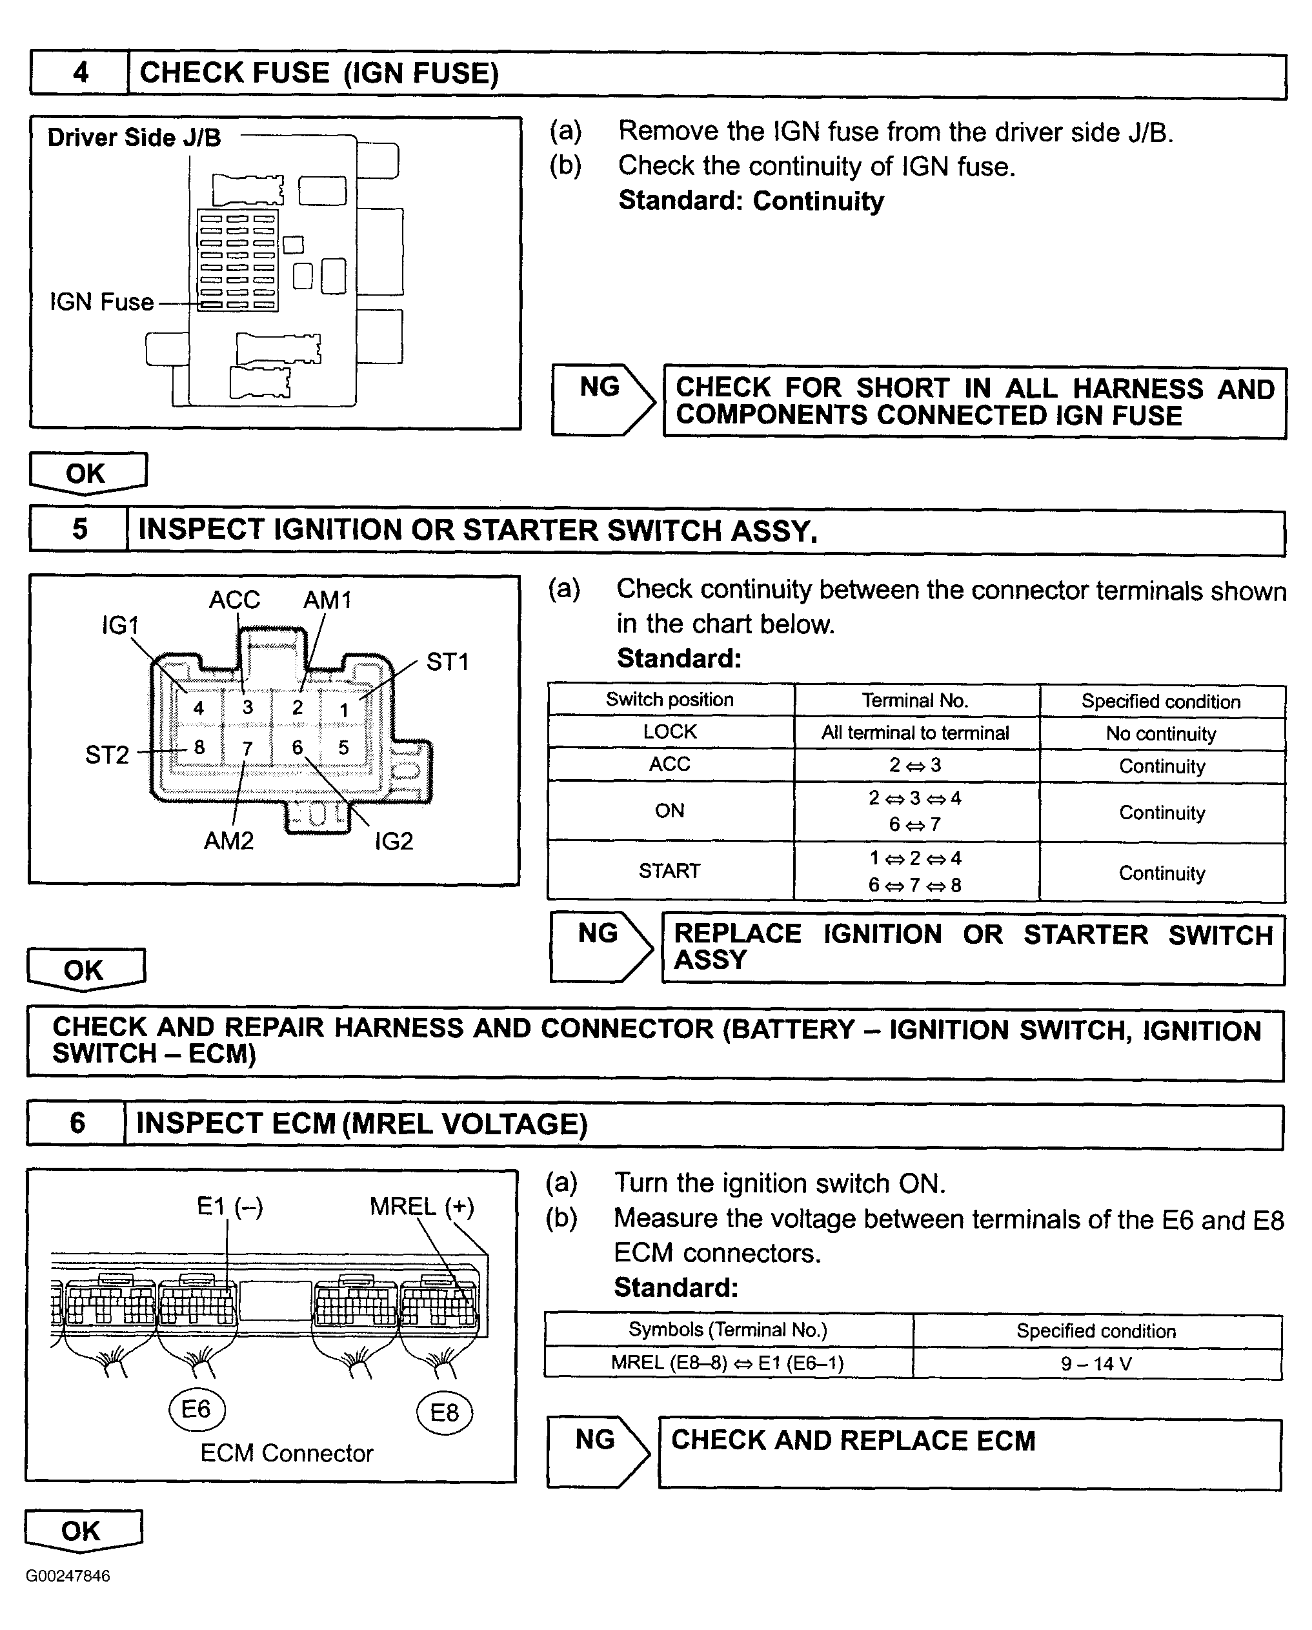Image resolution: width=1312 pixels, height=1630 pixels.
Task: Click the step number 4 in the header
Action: click(x=80, y=72)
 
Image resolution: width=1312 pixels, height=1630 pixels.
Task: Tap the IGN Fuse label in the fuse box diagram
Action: click(x=101, y=302)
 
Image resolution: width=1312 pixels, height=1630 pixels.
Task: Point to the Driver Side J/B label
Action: click(x=134, y=138)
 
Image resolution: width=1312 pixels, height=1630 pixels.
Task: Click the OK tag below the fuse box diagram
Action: click(x=87, y=473)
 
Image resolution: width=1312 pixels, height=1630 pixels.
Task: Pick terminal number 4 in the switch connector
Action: click(x=198, y=708)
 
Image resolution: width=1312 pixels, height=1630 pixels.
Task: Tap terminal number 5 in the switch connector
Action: click(x=343, y=748)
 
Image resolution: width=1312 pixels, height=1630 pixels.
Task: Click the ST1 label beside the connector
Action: click(x=447, y=662)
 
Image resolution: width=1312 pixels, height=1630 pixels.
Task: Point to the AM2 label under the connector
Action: click(x=228, y=840)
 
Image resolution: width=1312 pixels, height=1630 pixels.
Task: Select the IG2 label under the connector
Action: click(x=394, y=841)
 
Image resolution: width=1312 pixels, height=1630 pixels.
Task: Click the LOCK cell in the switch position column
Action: click(x=670, y=732)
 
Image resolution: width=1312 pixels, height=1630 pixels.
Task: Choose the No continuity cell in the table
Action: click(x=1161, y=733)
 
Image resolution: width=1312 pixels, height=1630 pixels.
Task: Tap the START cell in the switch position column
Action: click(x=670, y=871)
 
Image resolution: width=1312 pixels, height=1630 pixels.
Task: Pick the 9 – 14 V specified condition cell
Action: click(x=1096, y=1364)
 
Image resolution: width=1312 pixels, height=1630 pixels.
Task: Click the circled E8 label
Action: click(x=445, y=1413)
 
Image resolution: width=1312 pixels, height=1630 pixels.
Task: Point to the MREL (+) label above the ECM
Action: click(x=421, y=1207)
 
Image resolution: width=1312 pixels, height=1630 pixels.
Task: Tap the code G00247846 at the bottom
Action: click(x=68, y=1576)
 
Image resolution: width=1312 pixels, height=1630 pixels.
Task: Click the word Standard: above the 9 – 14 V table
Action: click(x=676, y=1287)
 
